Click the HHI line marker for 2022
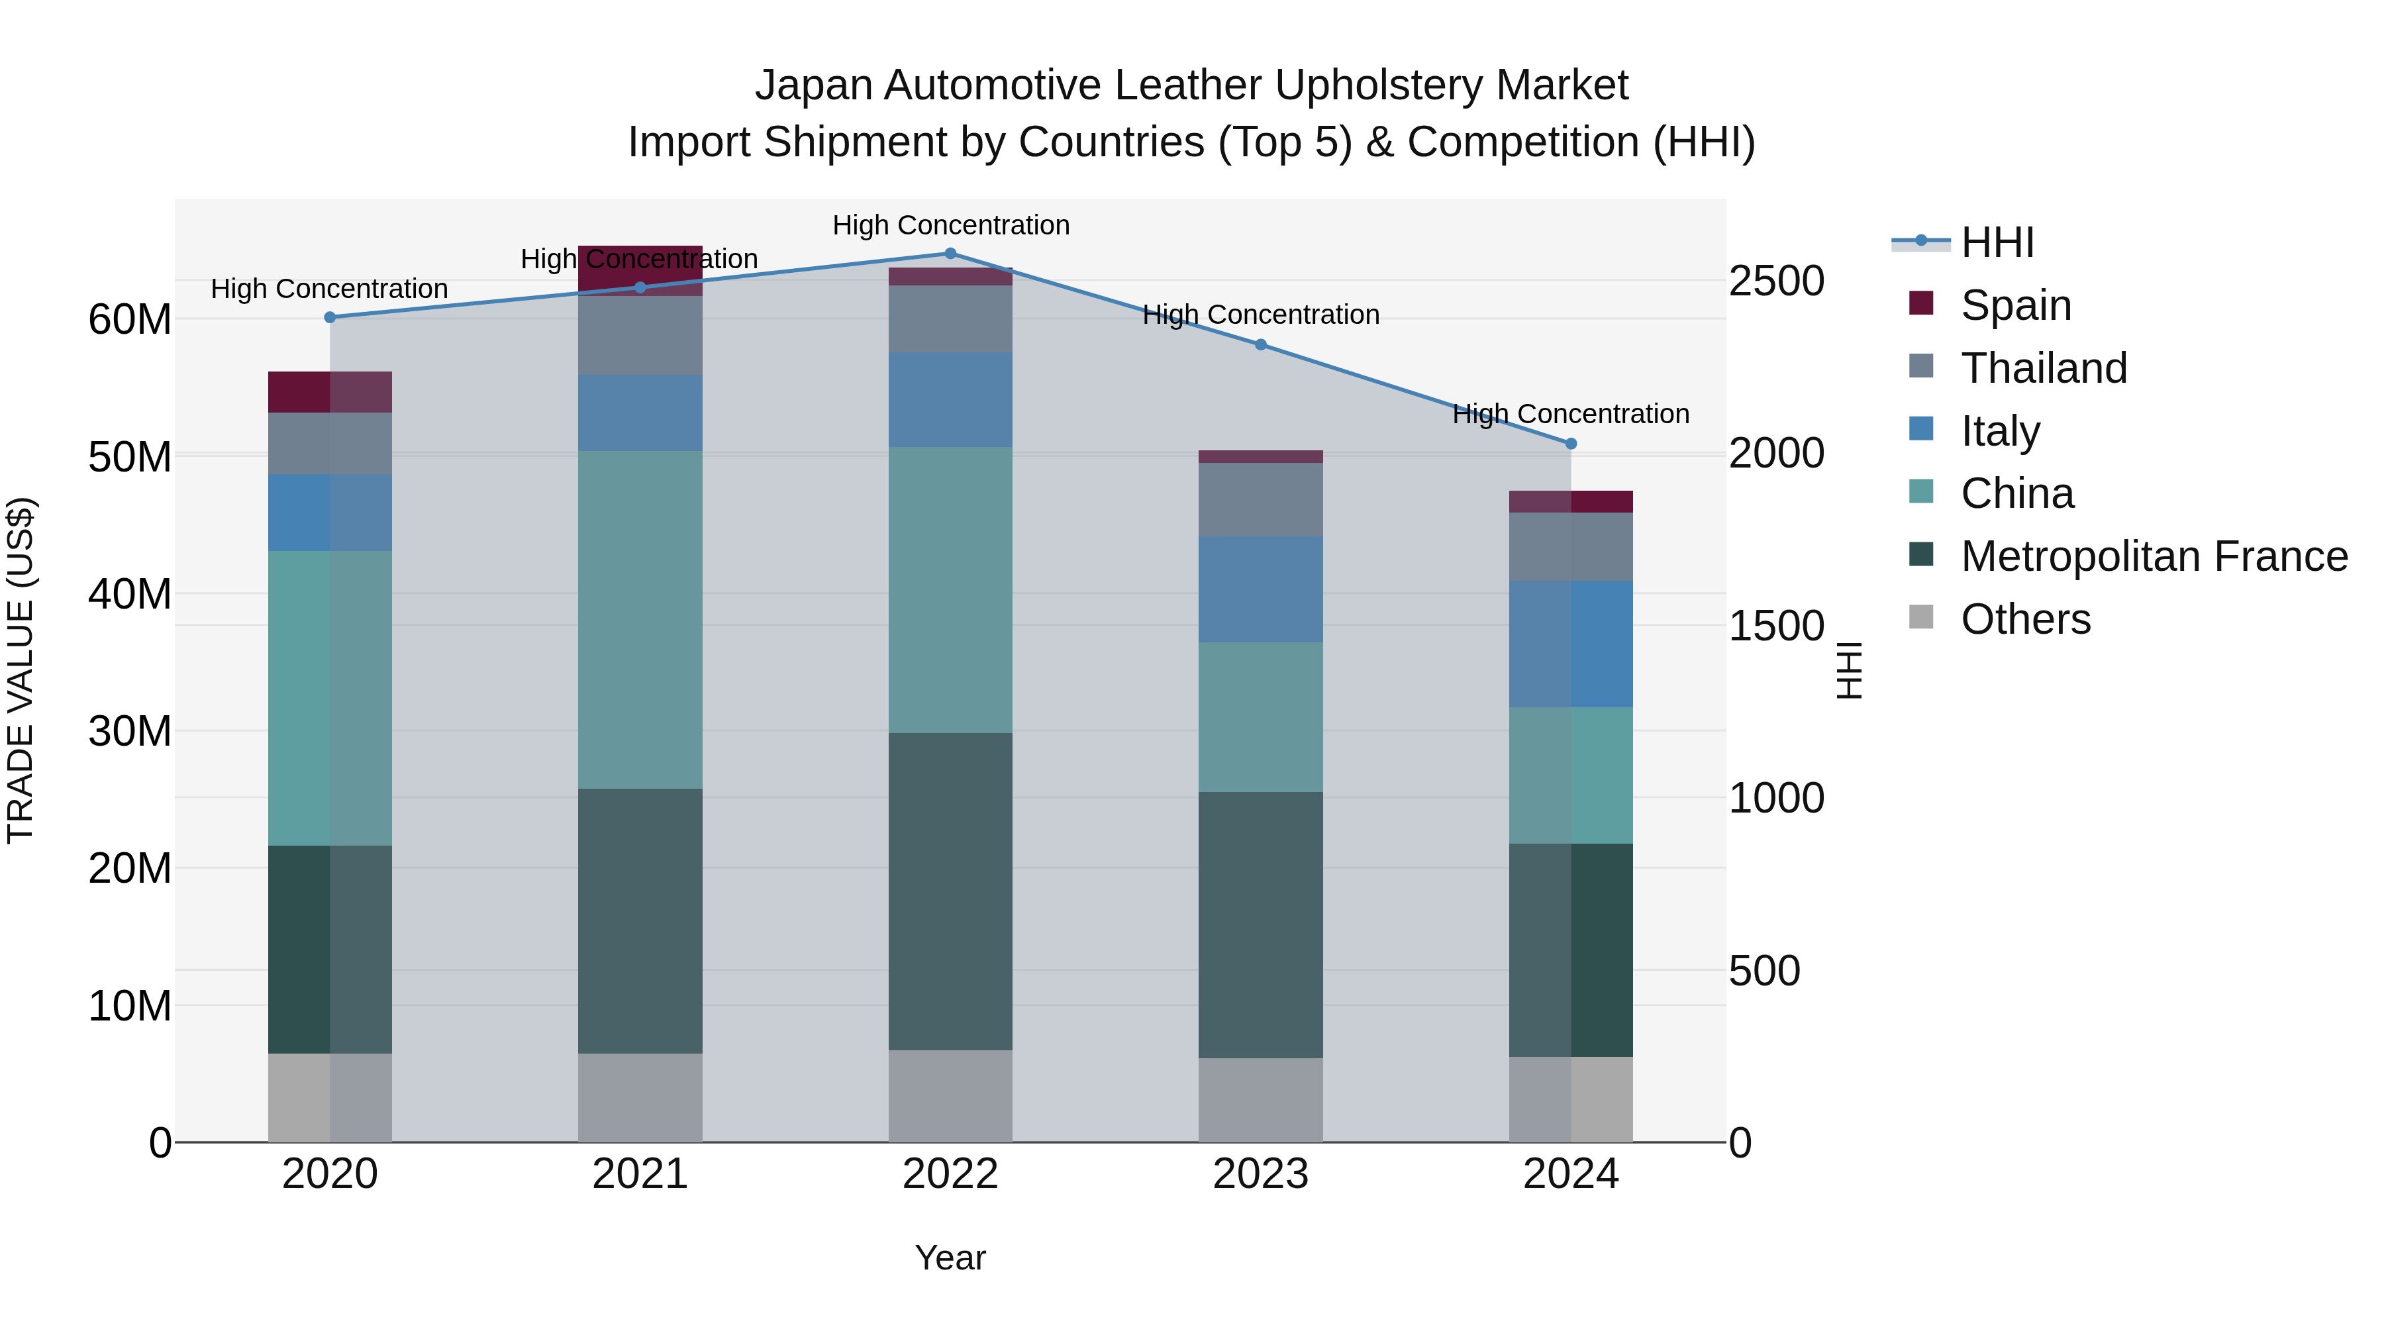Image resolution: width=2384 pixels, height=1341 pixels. [950, 254]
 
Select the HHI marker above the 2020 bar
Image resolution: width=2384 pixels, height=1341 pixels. [330, 317]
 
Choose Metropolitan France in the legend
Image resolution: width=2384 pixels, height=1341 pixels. [2153, 557]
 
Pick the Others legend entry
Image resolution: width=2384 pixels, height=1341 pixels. [2025, 620]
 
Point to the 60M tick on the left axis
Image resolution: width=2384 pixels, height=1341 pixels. [130, 321]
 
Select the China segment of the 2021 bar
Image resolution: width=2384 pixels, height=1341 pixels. [640, 620]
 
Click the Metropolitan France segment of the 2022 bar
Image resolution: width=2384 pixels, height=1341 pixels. [950, 891]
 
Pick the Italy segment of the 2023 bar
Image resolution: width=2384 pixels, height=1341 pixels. [1260, 589]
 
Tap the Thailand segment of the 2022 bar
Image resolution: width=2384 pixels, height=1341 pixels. [950, 319]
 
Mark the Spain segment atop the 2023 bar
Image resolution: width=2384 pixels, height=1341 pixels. [1260, 456]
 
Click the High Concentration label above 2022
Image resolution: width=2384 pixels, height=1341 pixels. [950, 226]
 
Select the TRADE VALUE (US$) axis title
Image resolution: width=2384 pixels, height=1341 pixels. [21, 670]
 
